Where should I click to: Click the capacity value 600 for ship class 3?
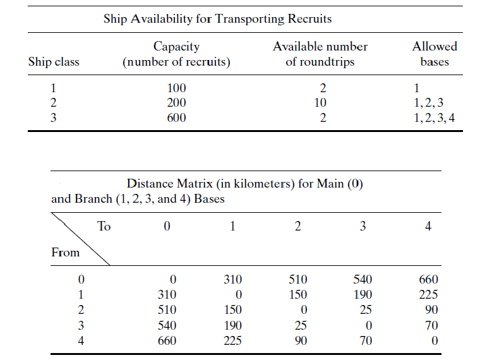[176, 117]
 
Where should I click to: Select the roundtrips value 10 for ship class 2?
[320, 102]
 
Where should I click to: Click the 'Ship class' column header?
[54, 62]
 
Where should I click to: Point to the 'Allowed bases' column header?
[434, 54]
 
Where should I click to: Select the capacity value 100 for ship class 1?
[176, 88]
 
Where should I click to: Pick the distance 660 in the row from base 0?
[428, 279]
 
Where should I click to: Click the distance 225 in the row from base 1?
[428, 294]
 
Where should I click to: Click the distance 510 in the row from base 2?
[167, 310]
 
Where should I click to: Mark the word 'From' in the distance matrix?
[66, 253]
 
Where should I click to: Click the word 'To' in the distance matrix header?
[104, 226]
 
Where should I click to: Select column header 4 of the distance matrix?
[428, 226]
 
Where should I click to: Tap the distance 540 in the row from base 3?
[167, 326]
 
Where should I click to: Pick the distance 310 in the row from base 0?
[232, 279]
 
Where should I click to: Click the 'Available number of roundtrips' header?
[320, 54]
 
